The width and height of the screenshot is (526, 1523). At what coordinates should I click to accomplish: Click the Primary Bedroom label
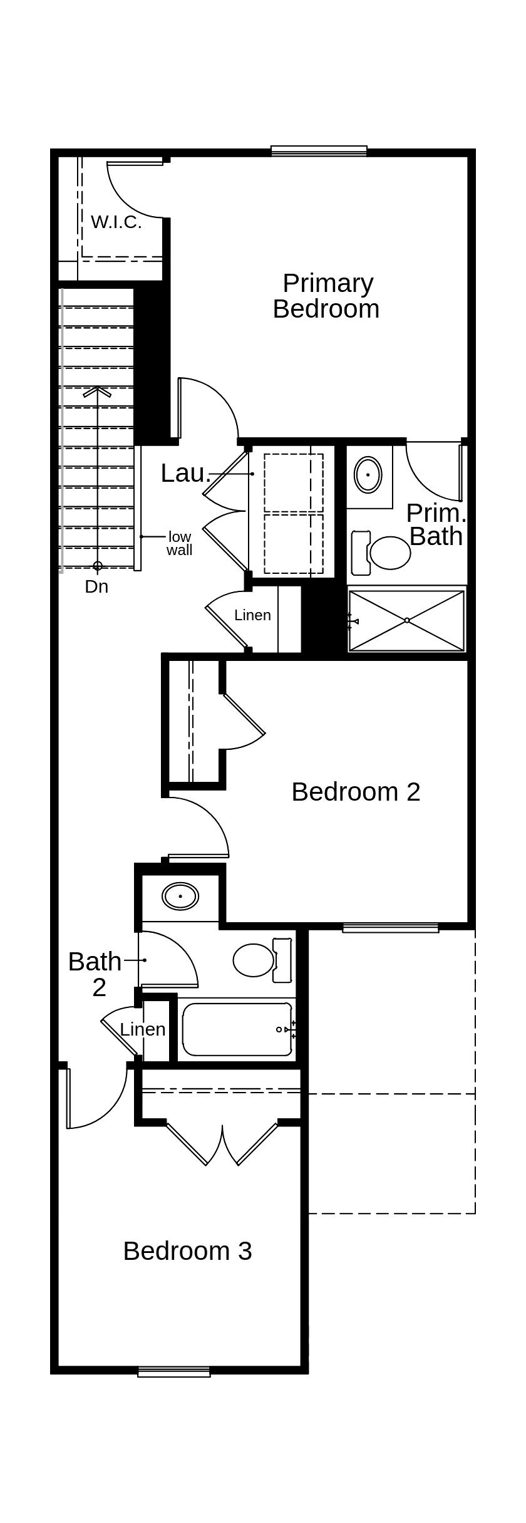pyautogui.click(x=326, y=296)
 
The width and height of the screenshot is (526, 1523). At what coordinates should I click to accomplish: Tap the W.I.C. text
pyautogui.click(x=116, y=222)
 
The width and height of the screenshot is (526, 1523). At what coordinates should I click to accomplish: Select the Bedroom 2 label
pyautogui.click(x=356, y=792)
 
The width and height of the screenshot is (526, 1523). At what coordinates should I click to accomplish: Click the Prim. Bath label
pyautogui.click(x=436, y=525)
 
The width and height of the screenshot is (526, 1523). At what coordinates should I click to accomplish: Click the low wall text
pyautogui.click(x=179, y=543)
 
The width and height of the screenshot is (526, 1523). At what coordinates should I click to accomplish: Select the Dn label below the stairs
pyautogui.click(x=96, y=587)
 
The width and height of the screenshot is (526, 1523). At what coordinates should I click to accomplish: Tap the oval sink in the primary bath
pyautogui.click(x=368, y=474)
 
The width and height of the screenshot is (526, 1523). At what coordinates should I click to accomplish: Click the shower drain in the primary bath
pyautogui.click(x=407, y=620)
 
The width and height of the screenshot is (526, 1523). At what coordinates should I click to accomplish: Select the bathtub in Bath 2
pyautogui.click(x=237, y=1029)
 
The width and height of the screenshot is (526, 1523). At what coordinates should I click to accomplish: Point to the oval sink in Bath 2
pyautogui.click(x=180, y=896)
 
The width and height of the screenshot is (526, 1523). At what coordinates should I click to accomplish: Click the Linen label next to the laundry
pyautogui.click(x=252, y=615)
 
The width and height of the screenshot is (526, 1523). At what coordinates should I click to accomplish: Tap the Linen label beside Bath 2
pyautogui.click(x=143, y=1029)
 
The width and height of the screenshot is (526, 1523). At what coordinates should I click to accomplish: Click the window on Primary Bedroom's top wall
pyautogui.click(x=319, y=150)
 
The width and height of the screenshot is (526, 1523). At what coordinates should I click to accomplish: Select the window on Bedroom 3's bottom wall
pyautogui.click(x=174, y=1372)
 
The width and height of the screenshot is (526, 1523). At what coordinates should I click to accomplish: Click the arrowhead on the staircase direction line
pyautogui.click(x=97, y=391)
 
